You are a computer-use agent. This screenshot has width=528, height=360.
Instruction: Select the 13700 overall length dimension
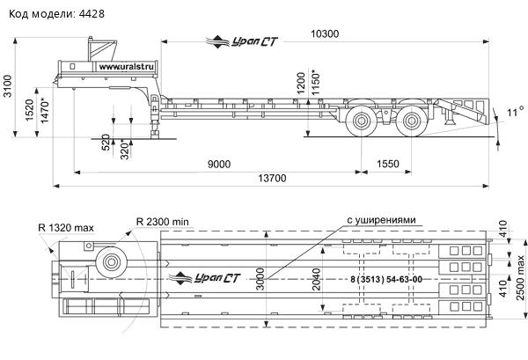[x=274, y=179]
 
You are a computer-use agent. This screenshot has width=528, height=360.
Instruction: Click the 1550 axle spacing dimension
[x=387, y=165]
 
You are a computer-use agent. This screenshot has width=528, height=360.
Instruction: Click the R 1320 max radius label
[x=66, y=228]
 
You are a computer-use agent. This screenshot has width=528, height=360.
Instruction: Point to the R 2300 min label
[x=164, y=220]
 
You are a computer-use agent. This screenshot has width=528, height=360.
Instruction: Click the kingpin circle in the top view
[x=110, y=261]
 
